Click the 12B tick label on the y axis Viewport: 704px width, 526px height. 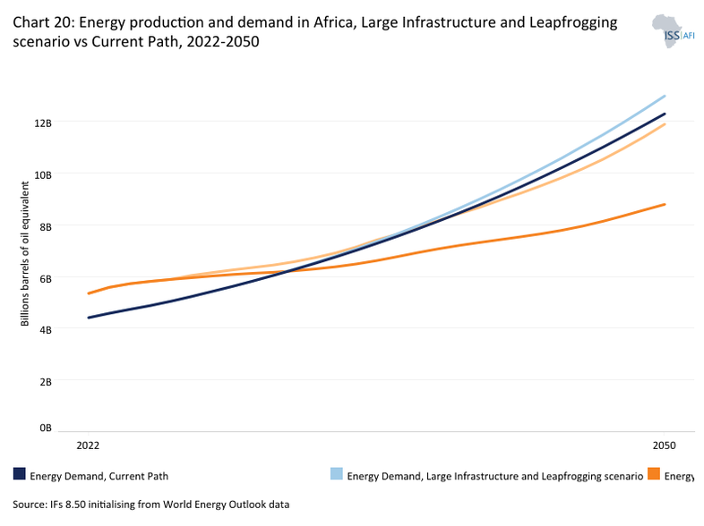pyautogui.click(x=44, y=122)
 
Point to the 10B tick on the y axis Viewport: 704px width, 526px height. pyautogui.click(x=44, y=174)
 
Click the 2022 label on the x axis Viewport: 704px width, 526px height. pyautogui.click(x=88, y=445)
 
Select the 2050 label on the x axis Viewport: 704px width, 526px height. pyautogui.click(x=664, y=445)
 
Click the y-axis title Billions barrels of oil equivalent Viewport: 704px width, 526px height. pyautogui.click(x=26, y=254)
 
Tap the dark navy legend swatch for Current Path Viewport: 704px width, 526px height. pyautogui.click(x=20, y=474)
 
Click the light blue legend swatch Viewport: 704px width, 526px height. pyautogui.click(x=337, y=474)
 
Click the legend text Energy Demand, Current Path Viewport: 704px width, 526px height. pyautogui.click(x=99, y=476)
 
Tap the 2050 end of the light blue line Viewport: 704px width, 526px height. pyautogui.click(x=665, y=96)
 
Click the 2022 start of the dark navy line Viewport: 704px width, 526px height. pyautogui.click(x=88, y=318)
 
